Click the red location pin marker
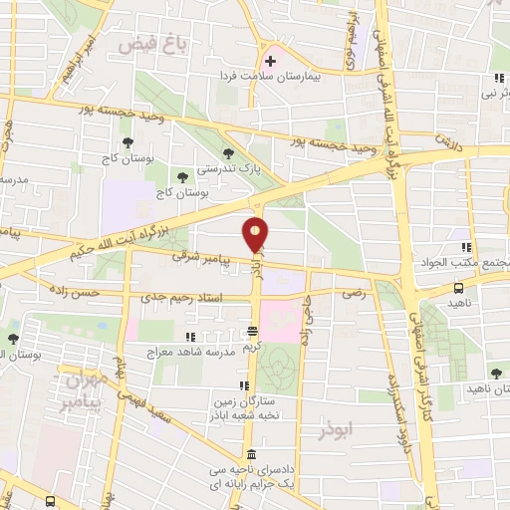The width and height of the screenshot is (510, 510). [x=256, y=235]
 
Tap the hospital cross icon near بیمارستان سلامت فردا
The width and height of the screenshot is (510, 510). [x=270, y=60]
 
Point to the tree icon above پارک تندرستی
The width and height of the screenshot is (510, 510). [x=230, y=152]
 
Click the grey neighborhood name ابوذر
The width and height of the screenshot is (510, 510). [x=337, y=434]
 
